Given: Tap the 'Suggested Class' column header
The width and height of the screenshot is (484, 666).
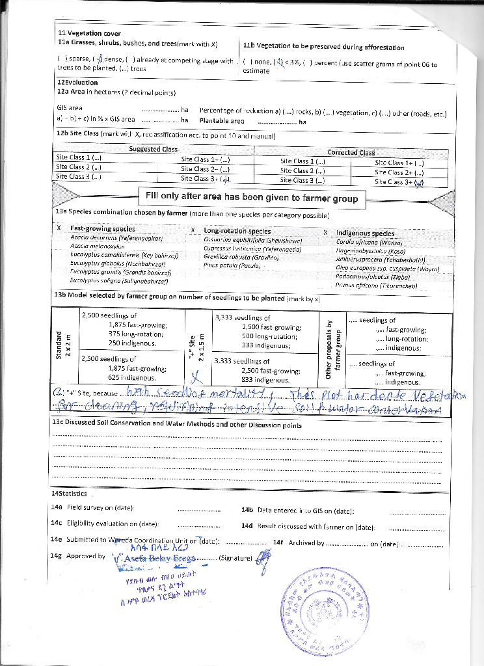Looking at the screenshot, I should (153, 149).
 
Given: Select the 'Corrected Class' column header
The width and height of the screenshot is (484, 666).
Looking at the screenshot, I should (351, 152).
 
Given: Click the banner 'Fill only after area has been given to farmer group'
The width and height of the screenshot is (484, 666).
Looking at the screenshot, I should (251, 198).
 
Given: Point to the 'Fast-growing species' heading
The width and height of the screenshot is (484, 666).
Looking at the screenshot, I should (103, 229).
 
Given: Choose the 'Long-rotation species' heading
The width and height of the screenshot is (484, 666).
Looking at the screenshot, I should (237, 231).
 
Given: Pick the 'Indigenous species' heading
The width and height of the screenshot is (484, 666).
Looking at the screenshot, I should (365, 233).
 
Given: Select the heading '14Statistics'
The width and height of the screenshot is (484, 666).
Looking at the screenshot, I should (68, 494).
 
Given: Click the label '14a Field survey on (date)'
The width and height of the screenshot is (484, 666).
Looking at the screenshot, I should (92, 507).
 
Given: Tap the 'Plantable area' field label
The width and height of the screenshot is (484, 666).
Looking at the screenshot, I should (222, 120).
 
